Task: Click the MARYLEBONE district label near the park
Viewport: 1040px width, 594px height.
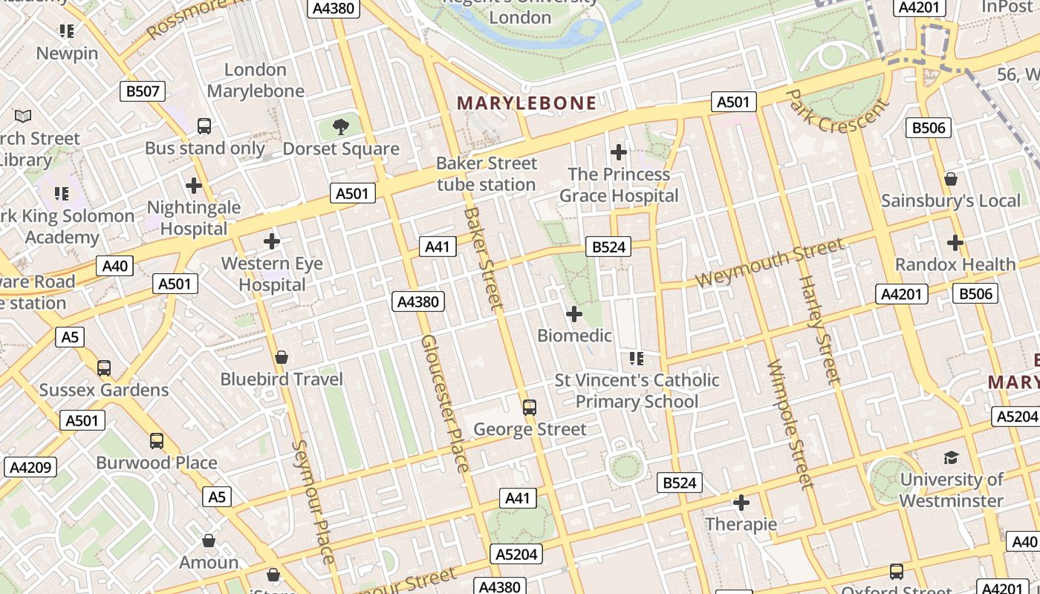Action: pos(527,103)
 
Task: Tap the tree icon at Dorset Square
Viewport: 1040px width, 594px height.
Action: pos(341,126)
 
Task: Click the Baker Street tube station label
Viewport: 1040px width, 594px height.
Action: pos(486,174)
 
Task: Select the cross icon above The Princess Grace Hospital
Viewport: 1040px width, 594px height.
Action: pos(618,152)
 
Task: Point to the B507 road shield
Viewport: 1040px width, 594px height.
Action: pos(142,91)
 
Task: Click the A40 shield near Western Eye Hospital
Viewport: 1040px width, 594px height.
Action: pos(115,267)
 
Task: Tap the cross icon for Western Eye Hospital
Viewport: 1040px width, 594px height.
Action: pos(272,241)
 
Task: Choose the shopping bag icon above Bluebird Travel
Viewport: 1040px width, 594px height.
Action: pos(282,358)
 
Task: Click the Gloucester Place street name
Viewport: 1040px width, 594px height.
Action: pos(445,403)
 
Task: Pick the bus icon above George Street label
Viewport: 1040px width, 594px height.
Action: pos(529,407)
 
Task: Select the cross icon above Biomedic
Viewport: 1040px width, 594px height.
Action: pos(574,314)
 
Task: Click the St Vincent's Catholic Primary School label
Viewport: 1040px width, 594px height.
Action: pos(637,391)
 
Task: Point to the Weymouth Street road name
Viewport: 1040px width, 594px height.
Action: pos(770,263)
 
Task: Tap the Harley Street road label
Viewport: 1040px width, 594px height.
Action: pos(819,329)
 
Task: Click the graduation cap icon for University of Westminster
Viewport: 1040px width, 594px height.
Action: pos(951,457)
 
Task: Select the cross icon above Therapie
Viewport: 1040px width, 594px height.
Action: pos(741,503)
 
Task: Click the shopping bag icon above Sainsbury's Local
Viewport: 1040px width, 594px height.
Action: pos(950,179)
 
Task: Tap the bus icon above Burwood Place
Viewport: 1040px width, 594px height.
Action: pos(157,441)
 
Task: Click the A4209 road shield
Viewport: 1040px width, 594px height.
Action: pos(30,467)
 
